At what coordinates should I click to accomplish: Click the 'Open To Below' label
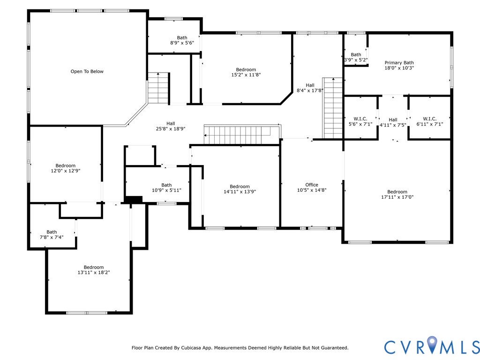point(87,72)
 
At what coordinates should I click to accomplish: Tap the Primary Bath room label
point(399,63)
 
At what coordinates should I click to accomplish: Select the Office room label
point(311,185)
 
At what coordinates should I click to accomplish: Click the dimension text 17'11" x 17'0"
point(397,197)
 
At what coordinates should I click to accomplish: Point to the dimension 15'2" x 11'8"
point(246,75)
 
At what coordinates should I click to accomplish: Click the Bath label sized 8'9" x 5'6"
point(182,38)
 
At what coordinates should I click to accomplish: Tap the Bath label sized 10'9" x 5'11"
point(166,185)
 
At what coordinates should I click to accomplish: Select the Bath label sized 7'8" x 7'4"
point(52,232)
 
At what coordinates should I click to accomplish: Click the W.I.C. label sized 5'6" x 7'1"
point(360,119)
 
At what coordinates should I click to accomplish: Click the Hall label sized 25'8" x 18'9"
point(171,123)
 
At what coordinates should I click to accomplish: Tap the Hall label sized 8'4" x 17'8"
point(310,85)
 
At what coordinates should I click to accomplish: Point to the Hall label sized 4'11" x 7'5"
point(393,120)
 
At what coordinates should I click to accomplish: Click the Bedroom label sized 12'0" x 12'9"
point(65,165)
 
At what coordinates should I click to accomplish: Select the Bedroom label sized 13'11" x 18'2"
point(94,267)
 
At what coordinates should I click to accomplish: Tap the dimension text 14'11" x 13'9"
point(240,192)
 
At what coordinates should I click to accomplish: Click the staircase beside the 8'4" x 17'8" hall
point(333,108)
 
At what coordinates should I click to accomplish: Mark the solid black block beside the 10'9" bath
point(134,200)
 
